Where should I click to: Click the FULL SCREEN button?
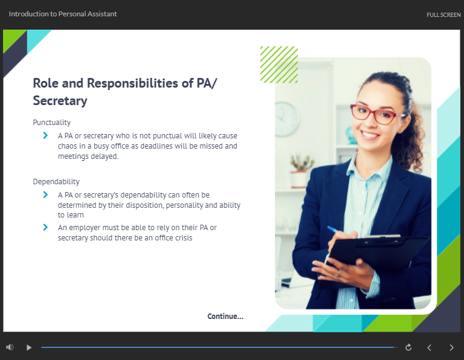[x=443, y=14]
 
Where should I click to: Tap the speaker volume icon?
[x=10, y=347]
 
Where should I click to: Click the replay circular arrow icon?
[x=408, y=347]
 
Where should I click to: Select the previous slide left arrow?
[x=429, y=347]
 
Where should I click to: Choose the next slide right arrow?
[x=451, y=347]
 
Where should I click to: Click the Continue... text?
[x=225, y=317]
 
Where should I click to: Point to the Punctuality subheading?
[x=52, y=123]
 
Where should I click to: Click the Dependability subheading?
[x=56, y=182]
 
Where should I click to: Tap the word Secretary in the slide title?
[x=60, y=101]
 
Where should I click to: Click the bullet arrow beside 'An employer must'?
[x=45, y=227]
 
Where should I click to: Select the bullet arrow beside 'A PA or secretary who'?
[x=45, y=135]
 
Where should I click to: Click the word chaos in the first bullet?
[x=67, y=146]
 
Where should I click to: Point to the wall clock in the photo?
[x=286, y=119]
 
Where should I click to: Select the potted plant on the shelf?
[x=300, y=171]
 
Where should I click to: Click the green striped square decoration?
[x=279, y=65]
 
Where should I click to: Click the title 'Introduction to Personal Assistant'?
[x=63, y=14]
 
